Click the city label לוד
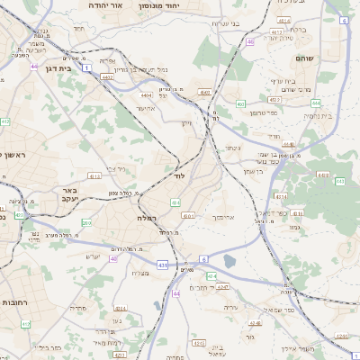(x=179, y=176)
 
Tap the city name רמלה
(x=148, y=218)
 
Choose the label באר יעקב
(x=71, y=195)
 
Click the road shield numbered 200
(x=86, y=221)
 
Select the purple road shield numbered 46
(x=250, y=41)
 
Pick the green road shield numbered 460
(x=240, y=103)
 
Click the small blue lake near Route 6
(x=229, y=262)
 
